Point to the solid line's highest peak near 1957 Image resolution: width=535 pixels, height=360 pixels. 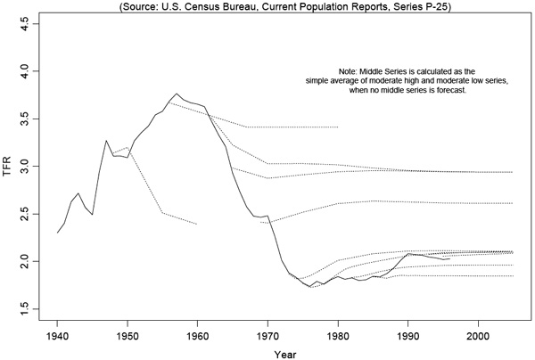coord(177,94)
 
